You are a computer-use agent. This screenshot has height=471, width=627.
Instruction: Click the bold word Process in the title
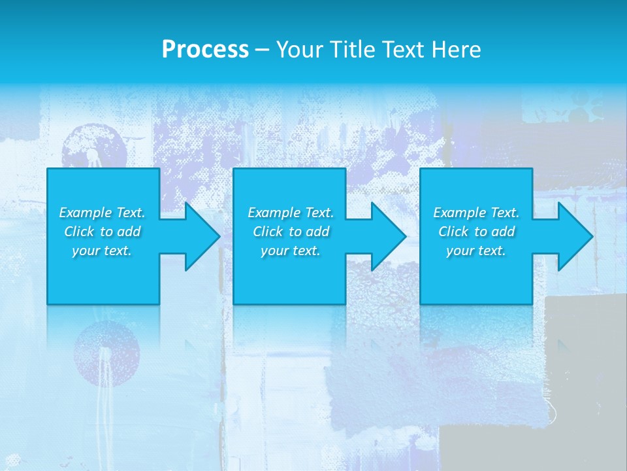(205, 49)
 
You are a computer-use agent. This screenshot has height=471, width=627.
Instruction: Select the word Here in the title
(456, 49)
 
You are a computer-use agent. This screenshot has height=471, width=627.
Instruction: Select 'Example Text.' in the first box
(102, 213)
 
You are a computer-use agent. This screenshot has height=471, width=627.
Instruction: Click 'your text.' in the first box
(102, 251)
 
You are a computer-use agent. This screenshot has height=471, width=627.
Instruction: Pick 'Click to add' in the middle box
(291, 232)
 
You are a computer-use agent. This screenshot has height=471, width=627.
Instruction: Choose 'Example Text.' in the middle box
(291, 213)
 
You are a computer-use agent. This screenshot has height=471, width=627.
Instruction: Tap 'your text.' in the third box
(476, 251)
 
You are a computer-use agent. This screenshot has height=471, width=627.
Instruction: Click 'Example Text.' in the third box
(476, 213)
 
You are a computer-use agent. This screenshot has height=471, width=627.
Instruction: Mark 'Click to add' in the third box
(476, 232)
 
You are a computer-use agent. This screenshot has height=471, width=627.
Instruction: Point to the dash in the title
(261, 50)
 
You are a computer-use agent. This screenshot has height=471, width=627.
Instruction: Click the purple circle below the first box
(106, 353)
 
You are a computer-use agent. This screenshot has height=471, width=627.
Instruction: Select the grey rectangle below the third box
(585, 340)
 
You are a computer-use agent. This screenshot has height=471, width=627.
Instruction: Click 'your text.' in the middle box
(291, 251)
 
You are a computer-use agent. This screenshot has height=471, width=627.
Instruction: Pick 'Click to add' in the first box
(102, 232)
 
